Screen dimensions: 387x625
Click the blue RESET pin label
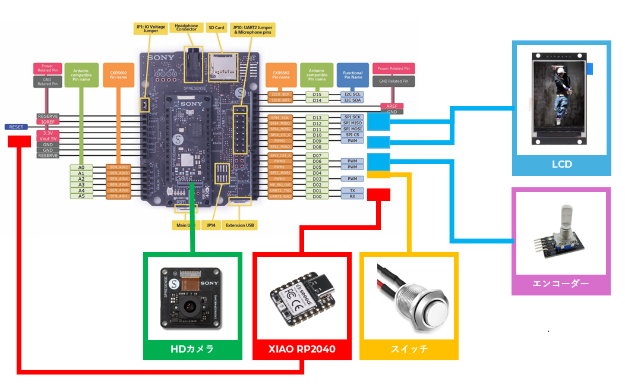tap(16, 127)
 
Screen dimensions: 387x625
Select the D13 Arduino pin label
tap(317, 118)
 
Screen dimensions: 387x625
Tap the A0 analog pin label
tap(81, 168)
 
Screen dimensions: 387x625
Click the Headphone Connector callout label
tap(187, 28)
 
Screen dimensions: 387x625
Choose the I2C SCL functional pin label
tap(352, 95)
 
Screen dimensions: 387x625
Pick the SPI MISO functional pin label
tap(352, 124)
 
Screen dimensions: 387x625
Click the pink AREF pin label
tap(392, 106)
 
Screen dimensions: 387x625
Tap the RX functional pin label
tap(352, 196)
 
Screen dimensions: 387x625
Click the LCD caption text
tap(561, 163)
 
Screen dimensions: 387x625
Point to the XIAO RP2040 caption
tap(301, 349)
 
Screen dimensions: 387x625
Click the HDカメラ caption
tap(192, 349)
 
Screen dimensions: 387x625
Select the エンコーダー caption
tap(561, 284)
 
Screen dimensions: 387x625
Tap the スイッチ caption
tap(409, 349)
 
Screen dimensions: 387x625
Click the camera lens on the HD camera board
tap(190, 307)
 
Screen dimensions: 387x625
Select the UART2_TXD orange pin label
tap(280, 190)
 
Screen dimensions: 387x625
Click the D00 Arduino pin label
tap(317, 196)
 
